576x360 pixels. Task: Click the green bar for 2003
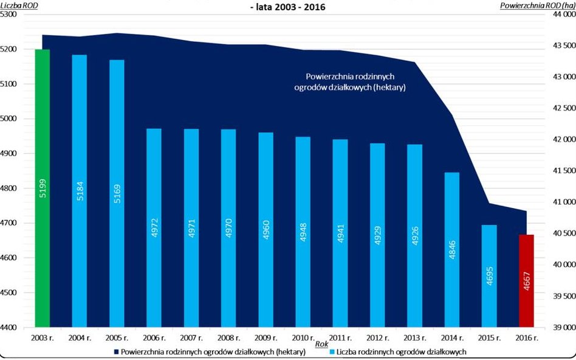point(43,188)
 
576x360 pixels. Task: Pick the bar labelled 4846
point(452,250)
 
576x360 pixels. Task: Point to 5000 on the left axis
point(11,119)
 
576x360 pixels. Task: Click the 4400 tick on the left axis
point(11,328)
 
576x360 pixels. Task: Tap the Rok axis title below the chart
point(322,344)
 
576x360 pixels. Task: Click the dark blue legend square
point(116,352)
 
